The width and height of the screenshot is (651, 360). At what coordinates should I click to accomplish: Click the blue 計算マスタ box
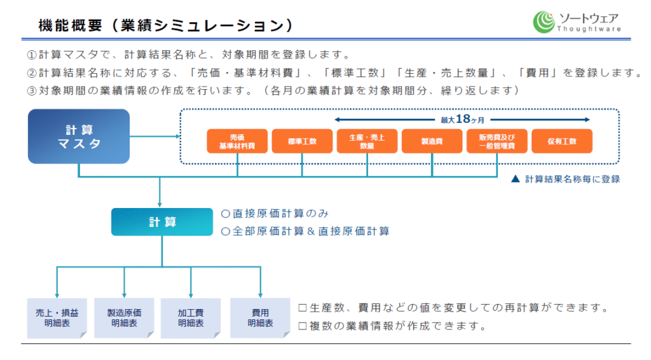pos(79,136)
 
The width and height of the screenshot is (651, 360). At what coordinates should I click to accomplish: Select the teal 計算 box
pos(162,222)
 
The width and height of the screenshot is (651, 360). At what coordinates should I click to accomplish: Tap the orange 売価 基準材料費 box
pos(237,141)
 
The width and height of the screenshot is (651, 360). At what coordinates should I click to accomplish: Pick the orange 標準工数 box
pos(302,141)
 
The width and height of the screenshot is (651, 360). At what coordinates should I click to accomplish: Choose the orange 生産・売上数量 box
pos(367,141)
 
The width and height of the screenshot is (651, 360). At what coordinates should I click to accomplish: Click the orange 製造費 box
pos(432,141)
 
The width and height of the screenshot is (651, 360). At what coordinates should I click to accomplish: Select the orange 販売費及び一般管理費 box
pos(497,141)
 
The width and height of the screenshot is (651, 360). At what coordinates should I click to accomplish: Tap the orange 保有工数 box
pos(562,141)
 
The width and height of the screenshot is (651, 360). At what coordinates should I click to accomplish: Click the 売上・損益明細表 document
pos(57,318)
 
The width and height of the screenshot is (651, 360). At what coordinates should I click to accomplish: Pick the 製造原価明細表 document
pos(124,318)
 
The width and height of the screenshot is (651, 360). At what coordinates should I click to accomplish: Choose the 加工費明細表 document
pos(191,318)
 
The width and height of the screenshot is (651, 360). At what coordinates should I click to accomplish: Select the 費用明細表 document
pos(260,318)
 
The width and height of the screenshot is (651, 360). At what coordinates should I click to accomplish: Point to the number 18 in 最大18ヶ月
pos(463,119)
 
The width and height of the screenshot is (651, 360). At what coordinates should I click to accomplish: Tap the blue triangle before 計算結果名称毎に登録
pos(515,179)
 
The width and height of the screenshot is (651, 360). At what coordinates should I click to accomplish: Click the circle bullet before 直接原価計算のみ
pos(226,214)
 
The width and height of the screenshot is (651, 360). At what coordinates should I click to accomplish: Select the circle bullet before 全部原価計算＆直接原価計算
pos(226,232)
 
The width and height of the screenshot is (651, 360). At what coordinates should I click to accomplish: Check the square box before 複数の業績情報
pos(303,326)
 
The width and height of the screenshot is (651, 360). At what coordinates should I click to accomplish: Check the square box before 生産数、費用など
pos(303,308)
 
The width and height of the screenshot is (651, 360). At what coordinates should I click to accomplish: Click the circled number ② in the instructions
pos(32,74)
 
